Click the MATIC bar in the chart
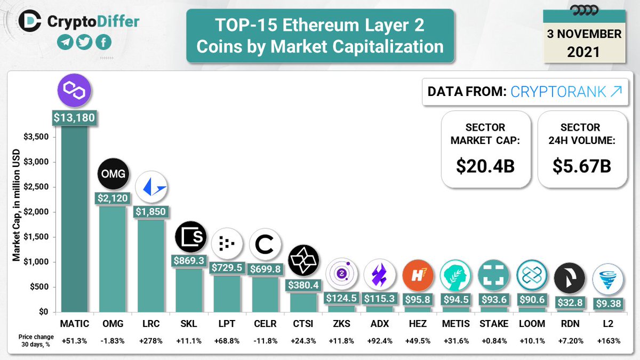pos(75,219)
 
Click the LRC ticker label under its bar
pos(151,324)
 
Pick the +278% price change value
pos(151,340)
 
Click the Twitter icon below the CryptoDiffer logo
pos(84,42)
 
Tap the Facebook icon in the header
pos(103,42)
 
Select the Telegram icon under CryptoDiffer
pos(65,42)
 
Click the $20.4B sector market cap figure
pos(485,166)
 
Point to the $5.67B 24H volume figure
pos(582,166)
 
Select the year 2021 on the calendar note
pos(583,52)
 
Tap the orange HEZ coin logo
pos(417,276)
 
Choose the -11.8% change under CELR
pos(265,340)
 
